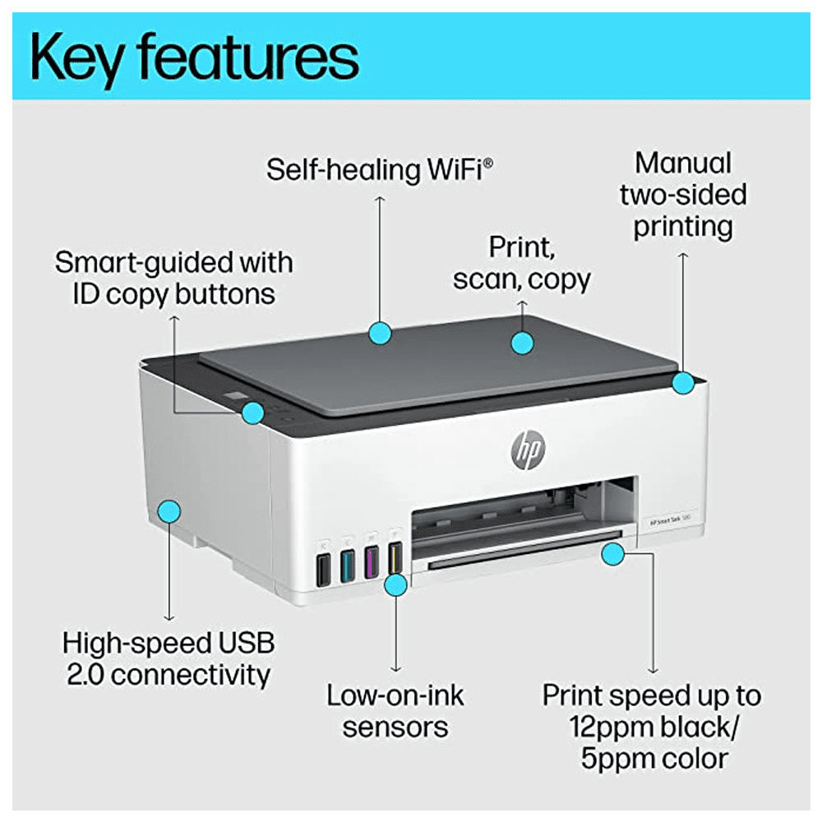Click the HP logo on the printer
pos(528,450)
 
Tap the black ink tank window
pos(323,569)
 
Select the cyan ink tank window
pos(347,566)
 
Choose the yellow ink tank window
pos(395,558)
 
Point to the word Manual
pos(683,163)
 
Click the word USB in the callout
pos(247,644)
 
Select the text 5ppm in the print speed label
pos(614,760)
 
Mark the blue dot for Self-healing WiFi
pos(380,333)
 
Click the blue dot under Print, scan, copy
pos(522,343)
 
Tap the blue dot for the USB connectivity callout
pos(169,511)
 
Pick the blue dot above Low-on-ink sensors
pos(396,585)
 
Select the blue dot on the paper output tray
pos(613,554)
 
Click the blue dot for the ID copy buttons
pos(252,413)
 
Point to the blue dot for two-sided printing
pos(683,383)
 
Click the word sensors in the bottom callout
pos(395,727)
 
